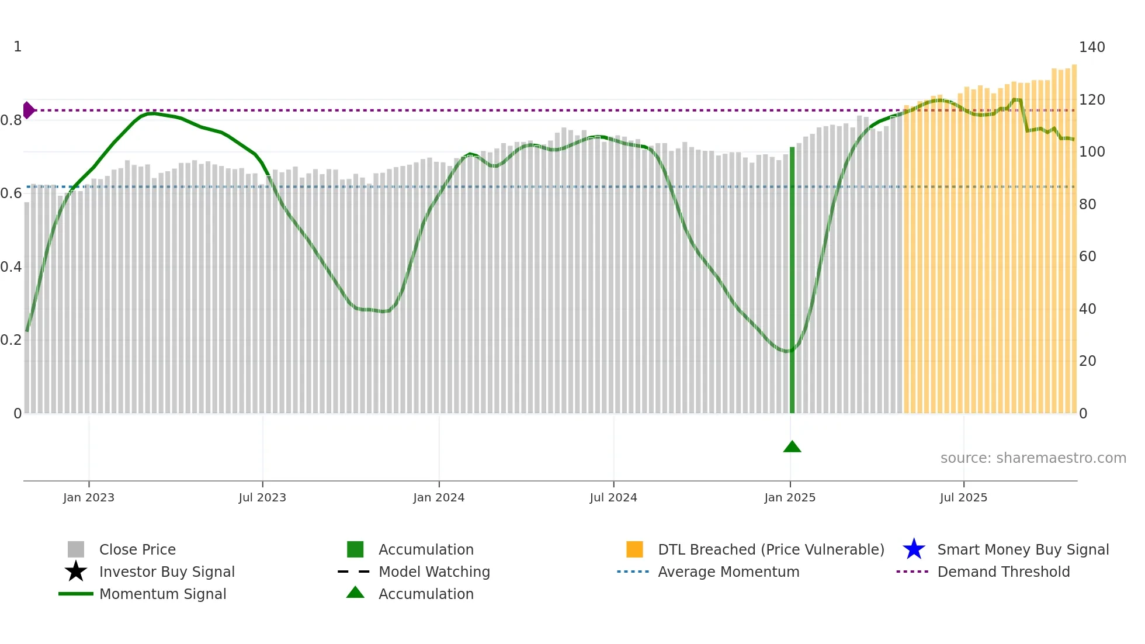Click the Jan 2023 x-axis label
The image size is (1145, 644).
click(89, 497)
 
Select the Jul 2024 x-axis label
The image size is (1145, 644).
click(613, 497)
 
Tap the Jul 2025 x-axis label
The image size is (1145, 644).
click(963, 497)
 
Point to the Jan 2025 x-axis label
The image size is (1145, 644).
click(790, 497)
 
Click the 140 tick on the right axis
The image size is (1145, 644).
click(1092, 47)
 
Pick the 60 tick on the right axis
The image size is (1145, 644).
click(1087, 257)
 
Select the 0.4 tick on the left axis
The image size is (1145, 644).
click(11, 267)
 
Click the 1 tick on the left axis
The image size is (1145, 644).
click(18, 47)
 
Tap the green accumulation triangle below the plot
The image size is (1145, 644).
click(792, 447)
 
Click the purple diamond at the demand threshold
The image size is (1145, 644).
click(28, 110)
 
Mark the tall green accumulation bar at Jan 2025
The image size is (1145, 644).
click(792, 281)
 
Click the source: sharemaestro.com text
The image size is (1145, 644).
click(1033, 458)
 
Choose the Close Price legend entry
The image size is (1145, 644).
click(137, 549)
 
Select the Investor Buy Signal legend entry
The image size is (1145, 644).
click(166, 572)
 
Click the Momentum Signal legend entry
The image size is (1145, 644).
click(162, 594)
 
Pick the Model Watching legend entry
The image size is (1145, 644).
click(434, 572)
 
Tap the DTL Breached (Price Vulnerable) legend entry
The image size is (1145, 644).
click(771, 549)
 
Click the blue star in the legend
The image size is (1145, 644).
click(914, 549)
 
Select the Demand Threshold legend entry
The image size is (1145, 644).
click(1003, 572)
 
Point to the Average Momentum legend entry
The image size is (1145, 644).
click(728, 572)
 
